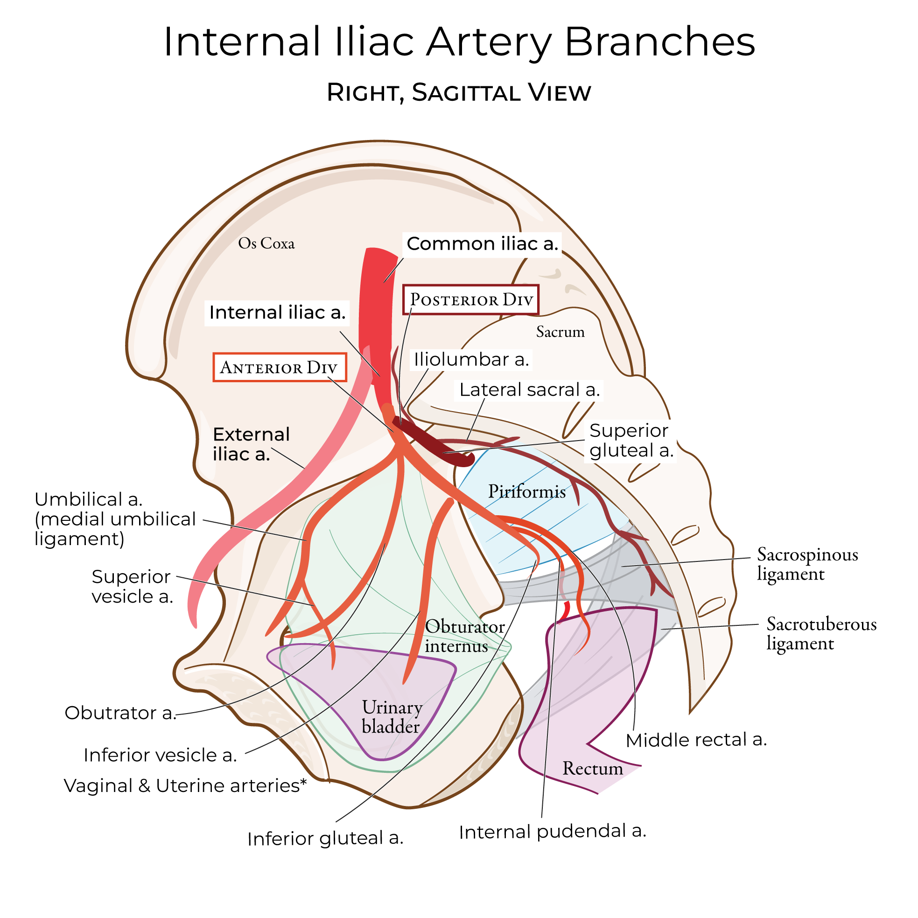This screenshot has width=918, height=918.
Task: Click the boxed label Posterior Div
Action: point(470,300)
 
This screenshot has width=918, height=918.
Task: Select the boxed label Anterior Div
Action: point(280,367)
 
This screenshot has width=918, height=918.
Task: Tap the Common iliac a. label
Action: point(482,244)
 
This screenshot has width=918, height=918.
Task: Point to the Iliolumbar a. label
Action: point(471,360)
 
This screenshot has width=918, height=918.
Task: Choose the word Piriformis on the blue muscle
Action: point(526,492)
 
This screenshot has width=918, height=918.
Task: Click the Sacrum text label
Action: point(560,332)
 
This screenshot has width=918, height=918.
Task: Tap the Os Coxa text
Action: point(266,244)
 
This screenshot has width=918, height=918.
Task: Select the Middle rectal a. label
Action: point(696,740)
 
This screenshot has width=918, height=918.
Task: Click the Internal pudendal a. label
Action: point(552,832)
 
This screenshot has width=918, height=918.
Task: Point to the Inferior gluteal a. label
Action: point(325,839)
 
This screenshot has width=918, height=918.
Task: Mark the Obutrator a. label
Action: point(120,713)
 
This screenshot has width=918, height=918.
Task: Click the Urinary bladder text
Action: point(392,717)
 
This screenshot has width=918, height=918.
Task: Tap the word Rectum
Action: point(593,769)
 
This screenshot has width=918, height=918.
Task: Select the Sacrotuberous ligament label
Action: point(820,634)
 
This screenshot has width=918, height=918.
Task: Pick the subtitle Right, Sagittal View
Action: point(458,93)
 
